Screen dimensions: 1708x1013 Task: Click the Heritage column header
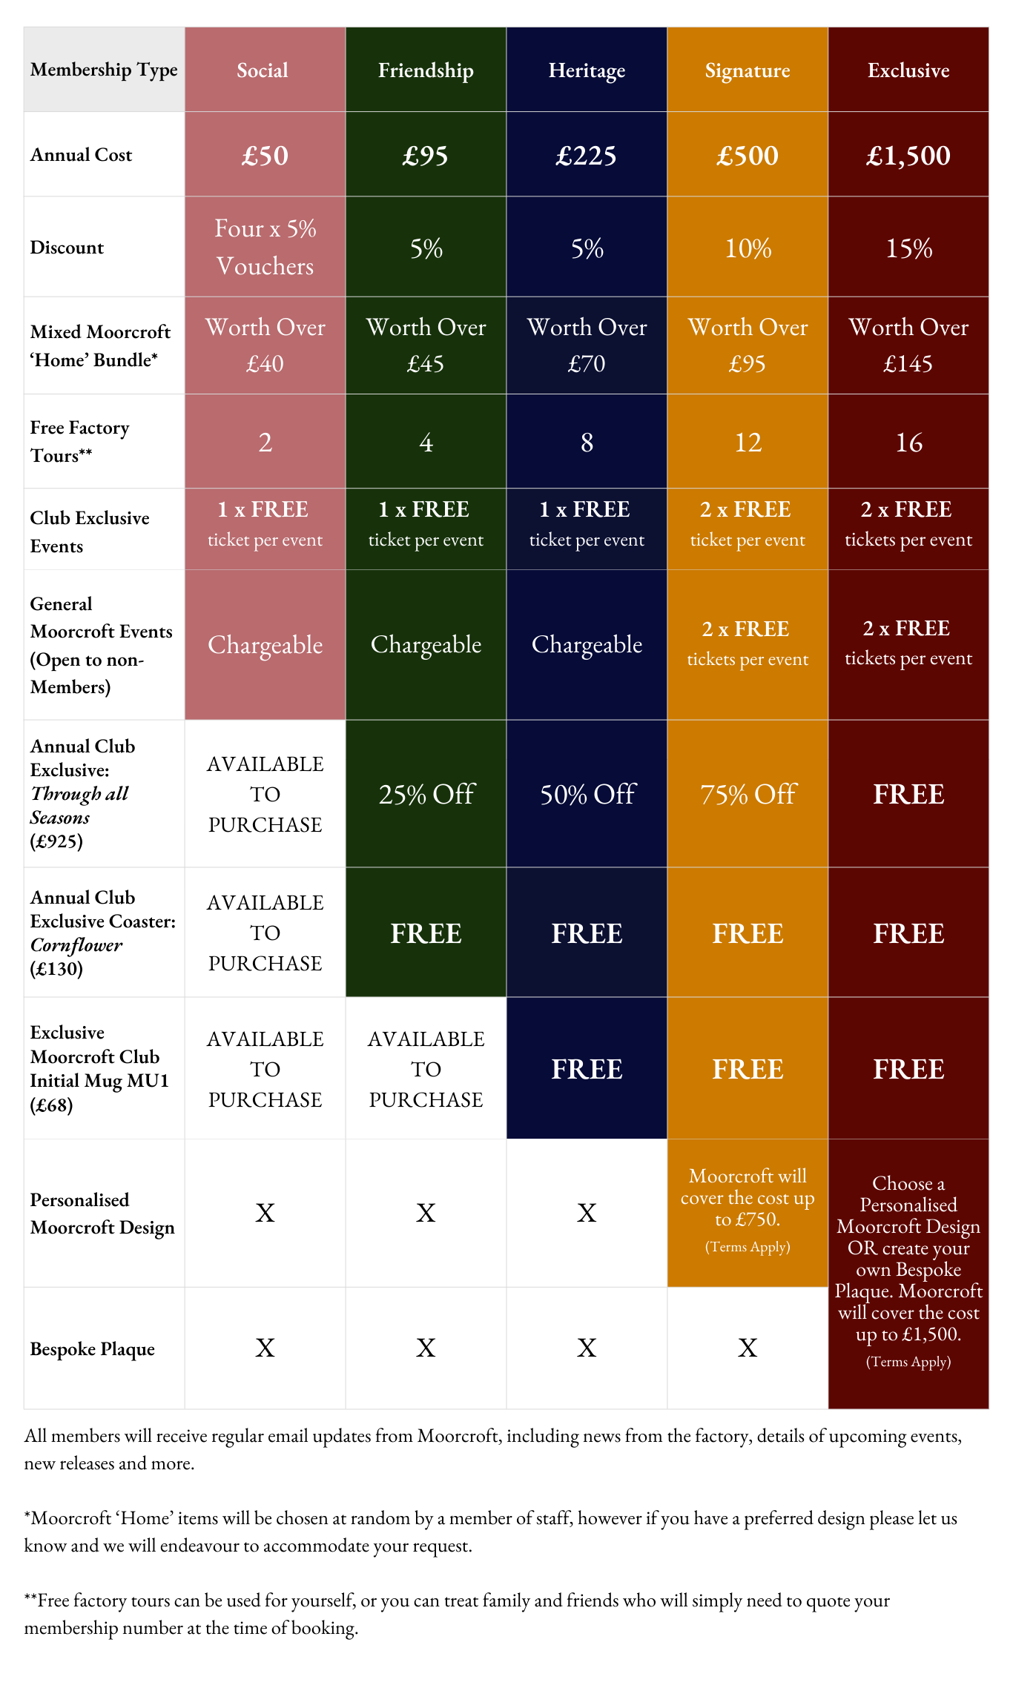coord(587,70)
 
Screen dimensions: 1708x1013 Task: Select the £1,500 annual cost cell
coord(908,156)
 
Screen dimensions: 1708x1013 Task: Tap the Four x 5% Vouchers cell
coord(265,247)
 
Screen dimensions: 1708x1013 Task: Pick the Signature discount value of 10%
coord(748,248)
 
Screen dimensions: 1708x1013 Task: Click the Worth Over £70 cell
coord(587,345)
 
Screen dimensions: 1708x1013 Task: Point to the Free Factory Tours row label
coord(79,442)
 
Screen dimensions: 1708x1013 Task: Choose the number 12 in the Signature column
coord(748,443)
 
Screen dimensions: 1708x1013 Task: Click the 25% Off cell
coord(426,795)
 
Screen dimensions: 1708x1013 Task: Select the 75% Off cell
coord(748,795)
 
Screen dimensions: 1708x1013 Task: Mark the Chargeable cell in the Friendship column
coord(426,645)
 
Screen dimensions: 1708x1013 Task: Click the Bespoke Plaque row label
coord(92,1349)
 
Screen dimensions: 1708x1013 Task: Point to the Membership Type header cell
coord(104,70)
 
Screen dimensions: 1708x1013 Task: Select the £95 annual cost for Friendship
coord(426,156)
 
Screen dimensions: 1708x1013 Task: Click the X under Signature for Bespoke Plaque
coord(748,1348)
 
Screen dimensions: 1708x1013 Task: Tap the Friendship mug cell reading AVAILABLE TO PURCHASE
coord(426,1069)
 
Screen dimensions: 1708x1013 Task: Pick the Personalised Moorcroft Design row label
coord(102,1214)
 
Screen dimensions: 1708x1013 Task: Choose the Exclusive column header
coord(908,70)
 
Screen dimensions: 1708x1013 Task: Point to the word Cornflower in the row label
coord(76,945)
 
